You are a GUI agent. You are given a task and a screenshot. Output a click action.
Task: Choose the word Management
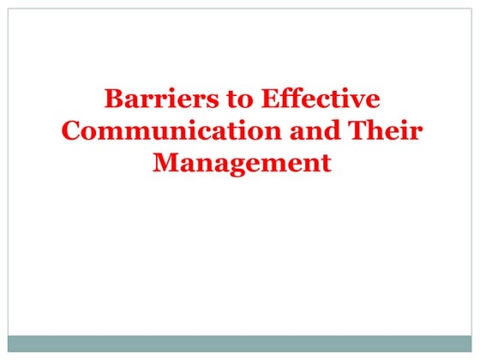[241, 163]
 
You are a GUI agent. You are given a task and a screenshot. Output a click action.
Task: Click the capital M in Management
[165, 163]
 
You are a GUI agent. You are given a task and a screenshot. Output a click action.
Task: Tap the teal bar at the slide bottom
[240, 343]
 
